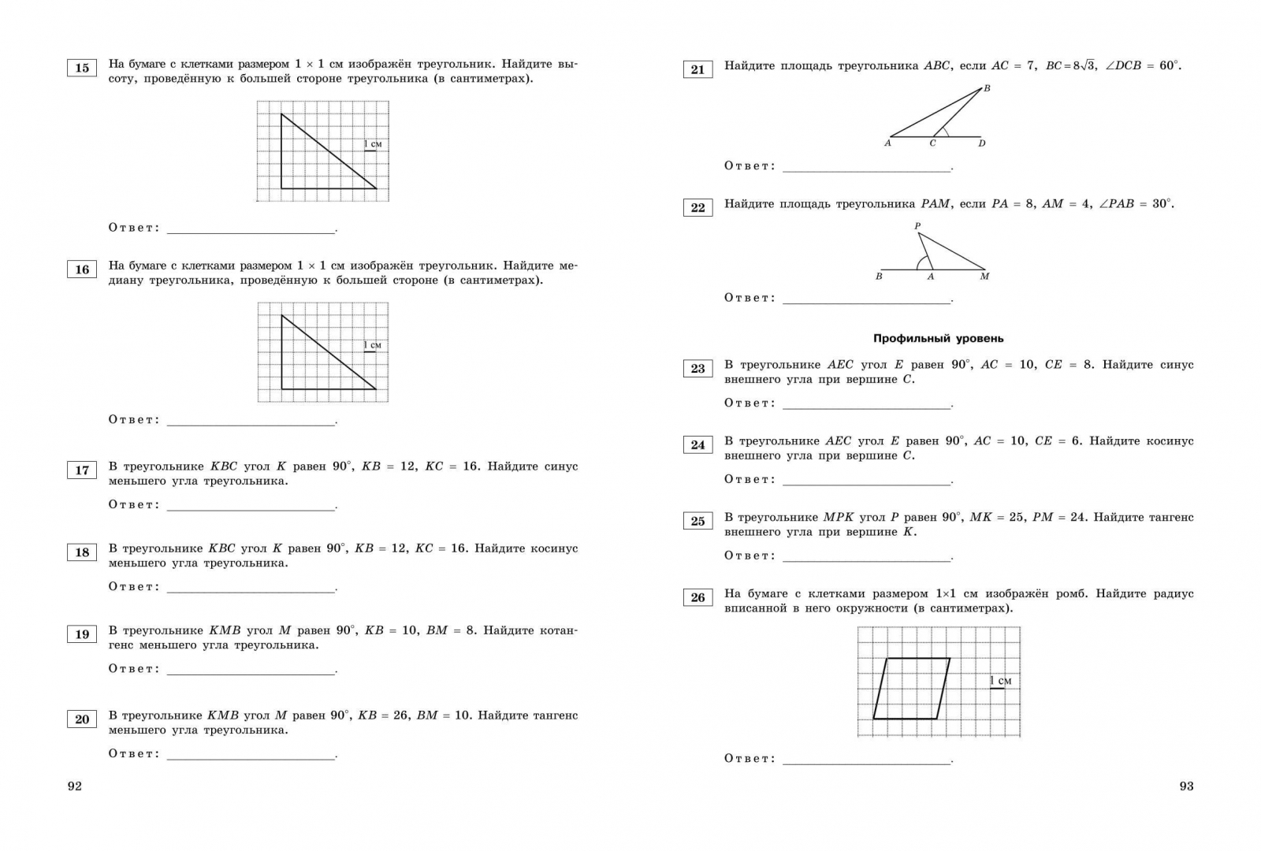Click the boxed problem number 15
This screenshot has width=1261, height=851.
[82, 68]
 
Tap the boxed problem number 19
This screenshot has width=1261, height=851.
[82, 634]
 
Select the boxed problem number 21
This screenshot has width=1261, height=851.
[697, 69]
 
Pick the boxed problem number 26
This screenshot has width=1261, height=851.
[697, 597]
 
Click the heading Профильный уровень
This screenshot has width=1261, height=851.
[938, 338]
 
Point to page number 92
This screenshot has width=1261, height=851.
[75, 786]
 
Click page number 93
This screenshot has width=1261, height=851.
[1186, 786]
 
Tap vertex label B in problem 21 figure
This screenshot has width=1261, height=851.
[987, 88]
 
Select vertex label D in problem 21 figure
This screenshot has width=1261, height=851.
[982, 143]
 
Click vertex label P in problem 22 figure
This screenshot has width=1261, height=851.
[917, 226]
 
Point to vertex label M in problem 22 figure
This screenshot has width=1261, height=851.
[984, 277]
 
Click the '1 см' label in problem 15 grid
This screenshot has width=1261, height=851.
[373, 144]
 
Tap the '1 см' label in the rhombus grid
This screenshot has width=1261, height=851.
[1001, 681]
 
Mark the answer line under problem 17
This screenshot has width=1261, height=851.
[251, 510]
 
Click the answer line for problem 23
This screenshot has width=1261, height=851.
[867, 408]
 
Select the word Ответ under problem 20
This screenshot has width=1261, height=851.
[134, 754]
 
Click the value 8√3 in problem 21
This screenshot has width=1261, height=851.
[1070, 66]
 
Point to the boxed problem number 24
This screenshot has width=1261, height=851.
[697, 444]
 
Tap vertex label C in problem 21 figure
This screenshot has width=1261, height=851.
[933, 143]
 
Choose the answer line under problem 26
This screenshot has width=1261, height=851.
[867, 764]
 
